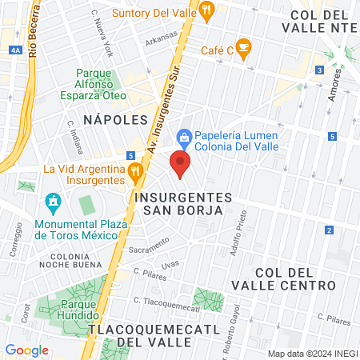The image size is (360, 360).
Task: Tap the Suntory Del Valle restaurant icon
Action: pos(207,11)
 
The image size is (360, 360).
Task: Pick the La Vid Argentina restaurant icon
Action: pos(135,170)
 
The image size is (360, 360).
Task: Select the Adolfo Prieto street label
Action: pos(238,230)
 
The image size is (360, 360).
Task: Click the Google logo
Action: pos(26,350)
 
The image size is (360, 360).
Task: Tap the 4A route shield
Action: pos(16,50)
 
